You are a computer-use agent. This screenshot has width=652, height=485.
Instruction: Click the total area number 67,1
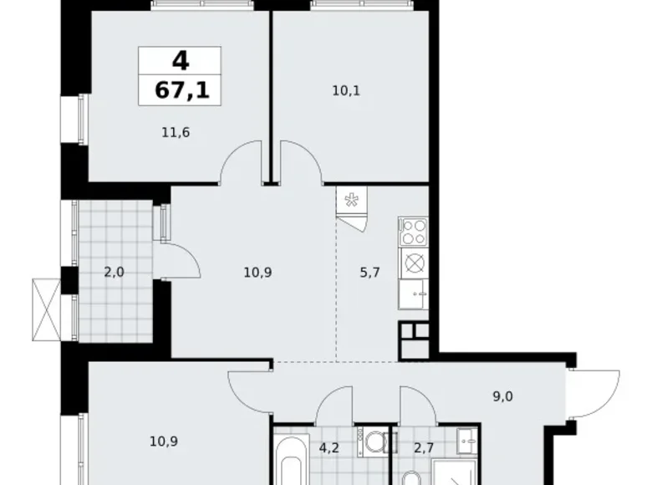pos(180,89)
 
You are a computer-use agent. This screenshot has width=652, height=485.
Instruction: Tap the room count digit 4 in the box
pos(179,60)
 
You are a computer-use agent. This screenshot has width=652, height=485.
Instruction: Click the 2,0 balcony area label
pos(115,272)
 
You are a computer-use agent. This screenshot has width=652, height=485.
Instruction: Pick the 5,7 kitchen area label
pos(369,272)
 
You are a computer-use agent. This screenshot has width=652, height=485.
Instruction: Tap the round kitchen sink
pos(413,263)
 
